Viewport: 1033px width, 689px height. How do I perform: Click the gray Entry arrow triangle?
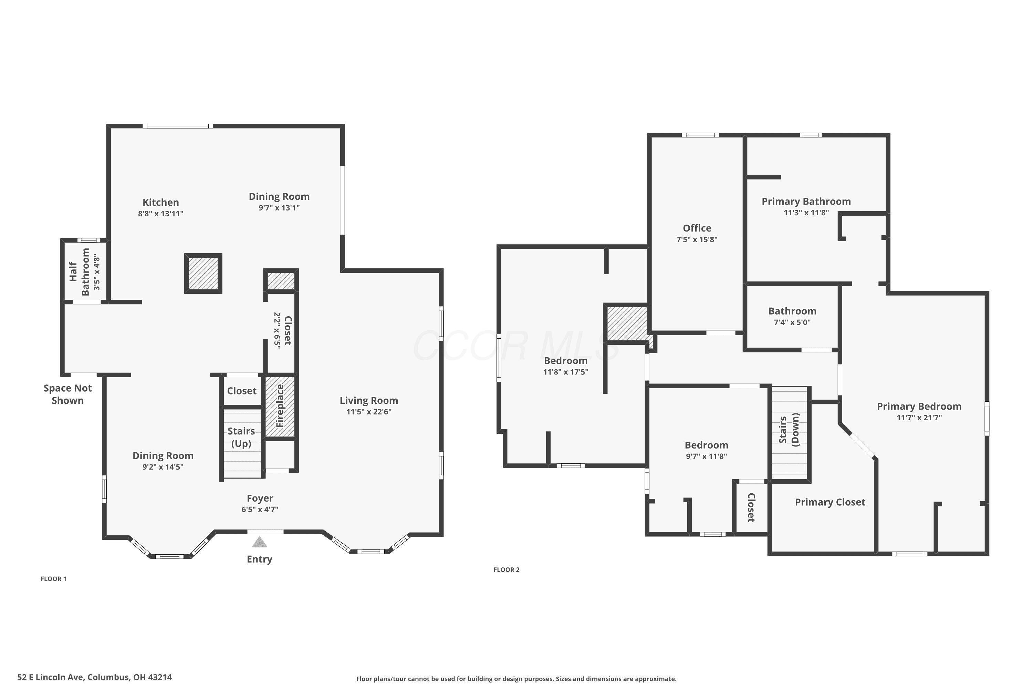click(x=260, y=543)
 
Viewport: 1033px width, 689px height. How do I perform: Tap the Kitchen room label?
click(x=161, y=203)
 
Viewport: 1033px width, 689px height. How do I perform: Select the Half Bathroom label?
click(x=80, y=271)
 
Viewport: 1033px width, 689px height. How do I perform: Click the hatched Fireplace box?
click(x=280, y=407)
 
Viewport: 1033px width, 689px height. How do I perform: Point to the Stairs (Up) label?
click(x=241, y=437)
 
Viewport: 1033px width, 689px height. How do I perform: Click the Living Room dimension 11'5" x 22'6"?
click(x=369, y=412)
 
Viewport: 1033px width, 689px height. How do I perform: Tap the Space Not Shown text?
click(x=67, y=394)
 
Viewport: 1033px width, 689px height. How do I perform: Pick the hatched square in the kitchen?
click(x=203, y=273)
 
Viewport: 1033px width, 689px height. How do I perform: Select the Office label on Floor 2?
click(x=697, y=228)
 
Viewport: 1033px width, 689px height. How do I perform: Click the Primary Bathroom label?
click(x=806, y=201)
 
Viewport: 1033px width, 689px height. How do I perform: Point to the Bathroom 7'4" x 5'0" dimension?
click(x=792, y=322)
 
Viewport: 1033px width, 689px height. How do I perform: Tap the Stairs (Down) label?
click(x=789, y=429)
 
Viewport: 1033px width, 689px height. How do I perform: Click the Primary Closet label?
click(x=830, y=502)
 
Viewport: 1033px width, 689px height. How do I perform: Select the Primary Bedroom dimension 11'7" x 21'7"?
click(x=919, y=418)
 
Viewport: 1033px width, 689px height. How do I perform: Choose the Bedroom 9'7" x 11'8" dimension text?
click(x=706, y=456)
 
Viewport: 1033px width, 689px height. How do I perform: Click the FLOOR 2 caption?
click(x=507, y=569)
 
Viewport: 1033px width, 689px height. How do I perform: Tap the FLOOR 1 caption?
click(x=54, y=579)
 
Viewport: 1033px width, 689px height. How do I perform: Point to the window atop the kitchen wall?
click(x=177, y=126)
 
